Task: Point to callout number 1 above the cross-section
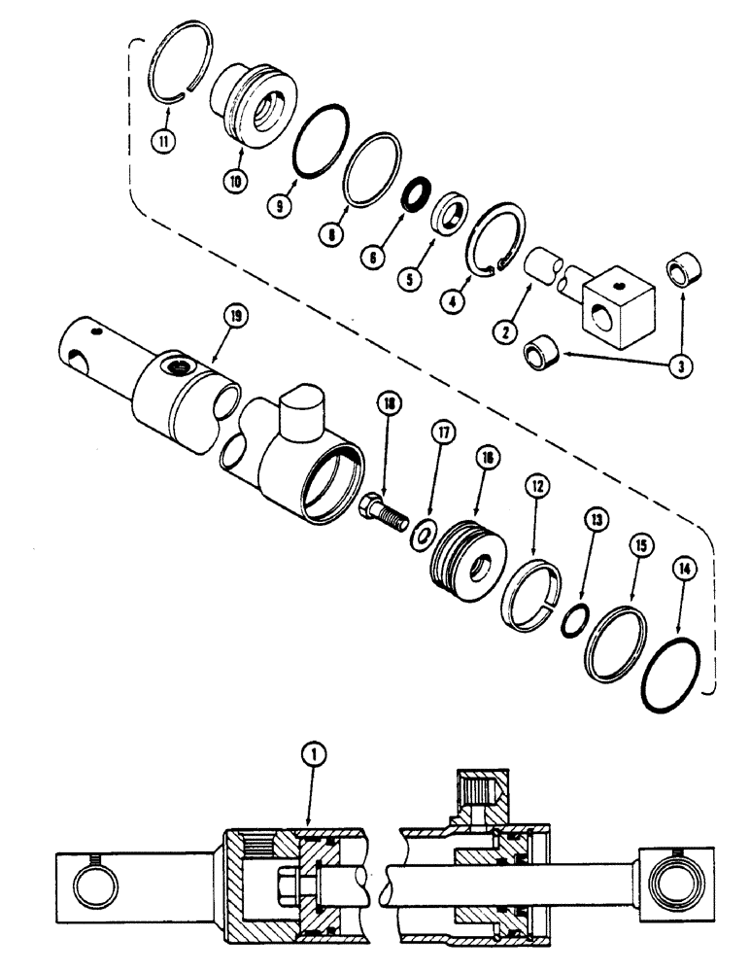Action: coord(321,754)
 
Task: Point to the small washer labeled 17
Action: coord(424,534)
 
